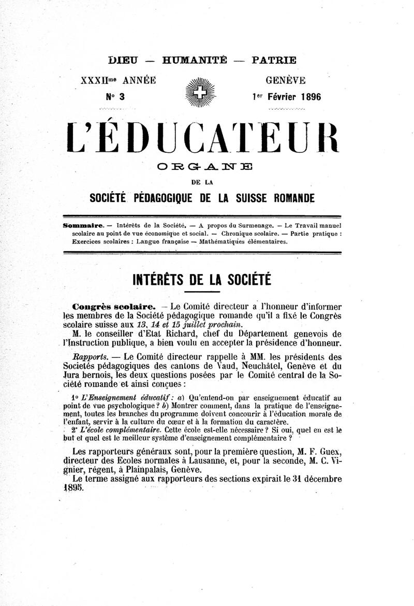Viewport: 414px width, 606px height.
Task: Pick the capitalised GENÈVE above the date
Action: point(285,80)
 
